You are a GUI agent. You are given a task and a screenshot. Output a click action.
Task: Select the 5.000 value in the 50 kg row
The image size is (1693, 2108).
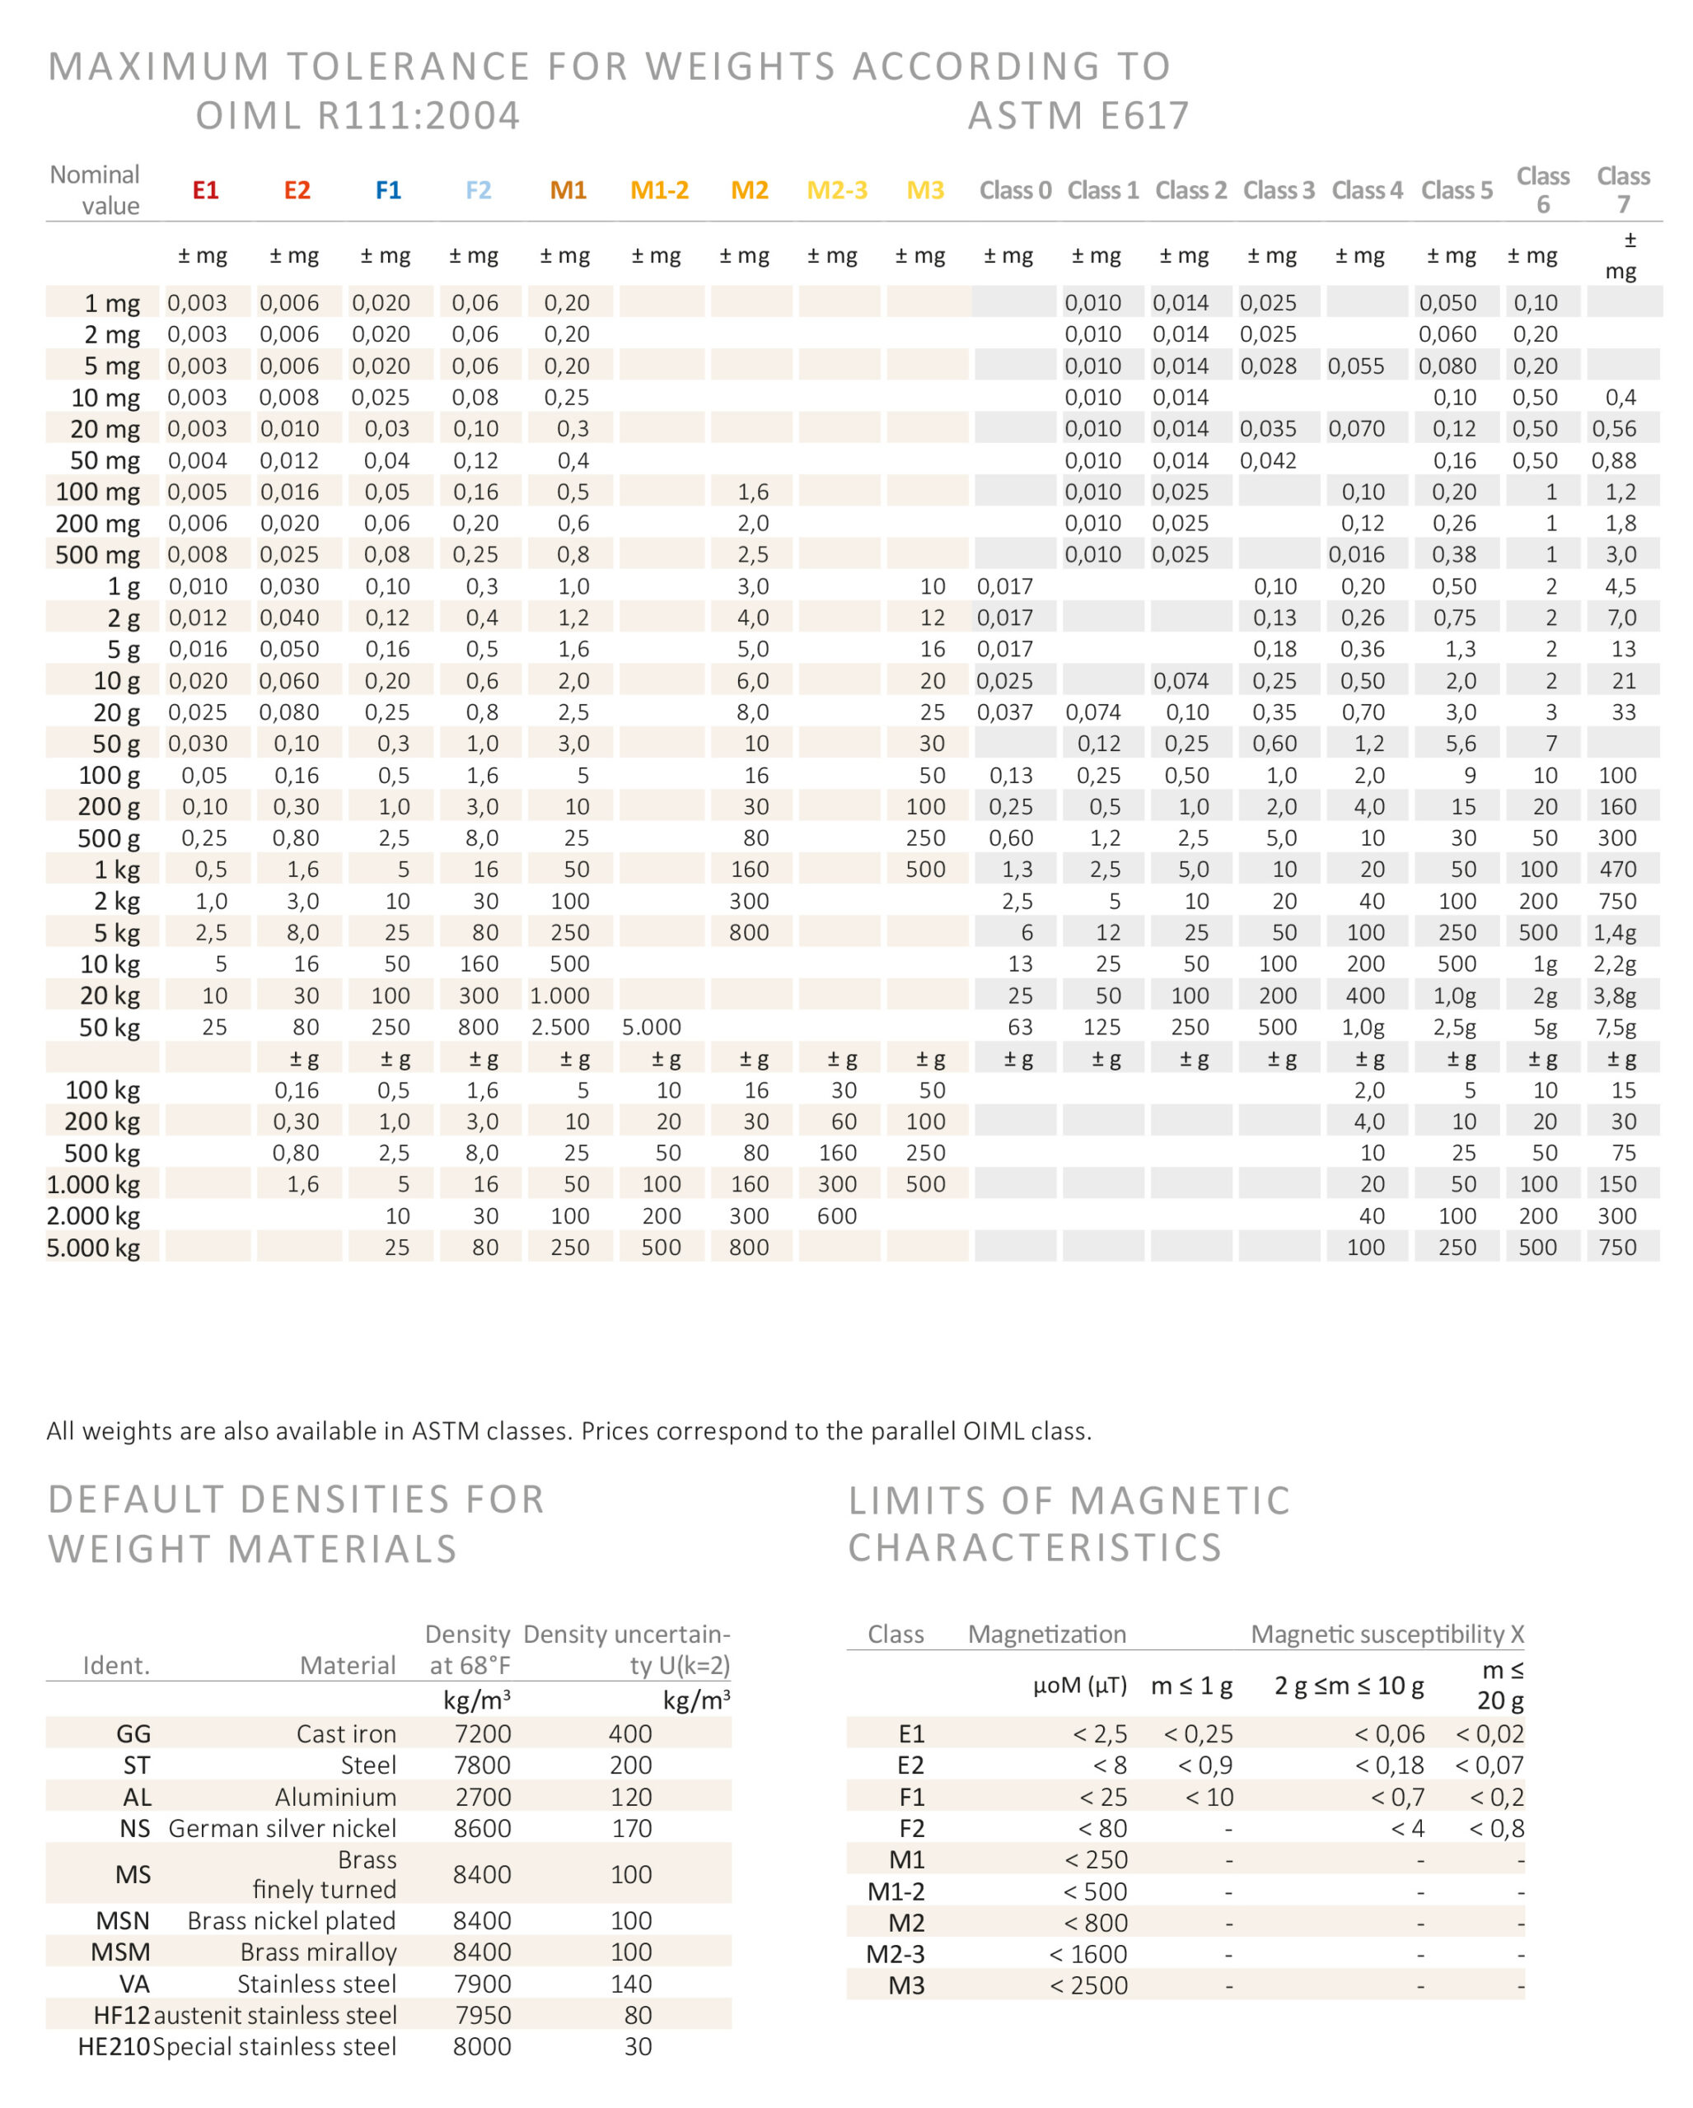click(652, 1027)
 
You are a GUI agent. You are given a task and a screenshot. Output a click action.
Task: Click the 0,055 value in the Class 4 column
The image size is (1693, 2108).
click(1355, 366)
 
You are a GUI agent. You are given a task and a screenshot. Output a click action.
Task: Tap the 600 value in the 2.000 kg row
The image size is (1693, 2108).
click(837, 1216)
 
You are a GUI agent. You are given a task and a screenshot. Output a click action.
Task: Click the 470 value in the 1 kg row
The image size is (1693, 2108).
click(1616, 870)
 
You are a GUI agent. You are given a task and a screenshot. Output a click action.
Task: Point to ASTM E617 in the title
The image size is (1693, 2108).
click(1078, 116)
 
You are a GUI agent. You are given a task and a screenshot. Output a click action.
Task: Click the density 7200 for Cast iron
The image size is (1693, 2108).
click(482, 1733)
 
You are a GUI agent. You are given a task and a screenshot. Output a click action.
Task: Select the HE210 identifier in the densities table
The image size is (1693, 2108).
click(114, 2046)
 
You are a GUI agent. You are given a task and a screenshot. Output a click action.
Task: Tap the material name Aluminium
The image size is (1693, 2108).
click(335, 1797)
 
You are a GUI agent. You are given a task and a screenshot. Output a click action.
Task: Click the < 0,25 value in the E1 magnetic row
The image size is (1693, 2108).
click(1197, 1733)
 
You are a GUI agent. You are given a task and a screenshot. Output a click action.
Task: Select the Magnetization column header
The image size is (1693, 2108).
click(1046, 1634)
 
